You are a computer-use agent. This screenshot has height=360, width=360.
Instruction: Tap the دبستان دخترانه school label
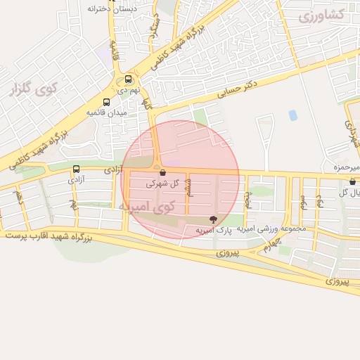coord(110,9)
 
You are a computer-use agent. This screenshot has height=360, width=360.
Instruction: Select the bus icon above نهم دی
coord(128,79)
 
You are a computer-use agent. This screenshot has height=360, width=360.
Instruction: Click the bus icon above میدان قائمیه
coord(106,101)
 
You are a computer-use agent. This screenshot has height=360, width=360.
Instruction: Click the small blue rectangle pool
coord(292,115)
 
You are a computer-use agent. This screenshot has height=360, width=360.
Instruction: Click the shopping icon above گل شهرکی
coord(162,172)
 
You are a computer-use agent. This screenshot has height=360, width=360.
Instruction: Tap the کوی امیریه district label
coord(146,207)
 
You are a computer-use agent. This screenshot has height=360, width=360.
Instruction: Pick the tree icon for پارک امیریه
coord(213,220)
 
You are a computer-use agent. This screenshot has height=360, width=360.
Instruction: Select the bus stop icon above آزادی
coord(76,169)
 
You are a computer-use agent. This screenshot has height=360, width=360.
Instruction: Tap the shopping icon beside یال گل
coord(352,181)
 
